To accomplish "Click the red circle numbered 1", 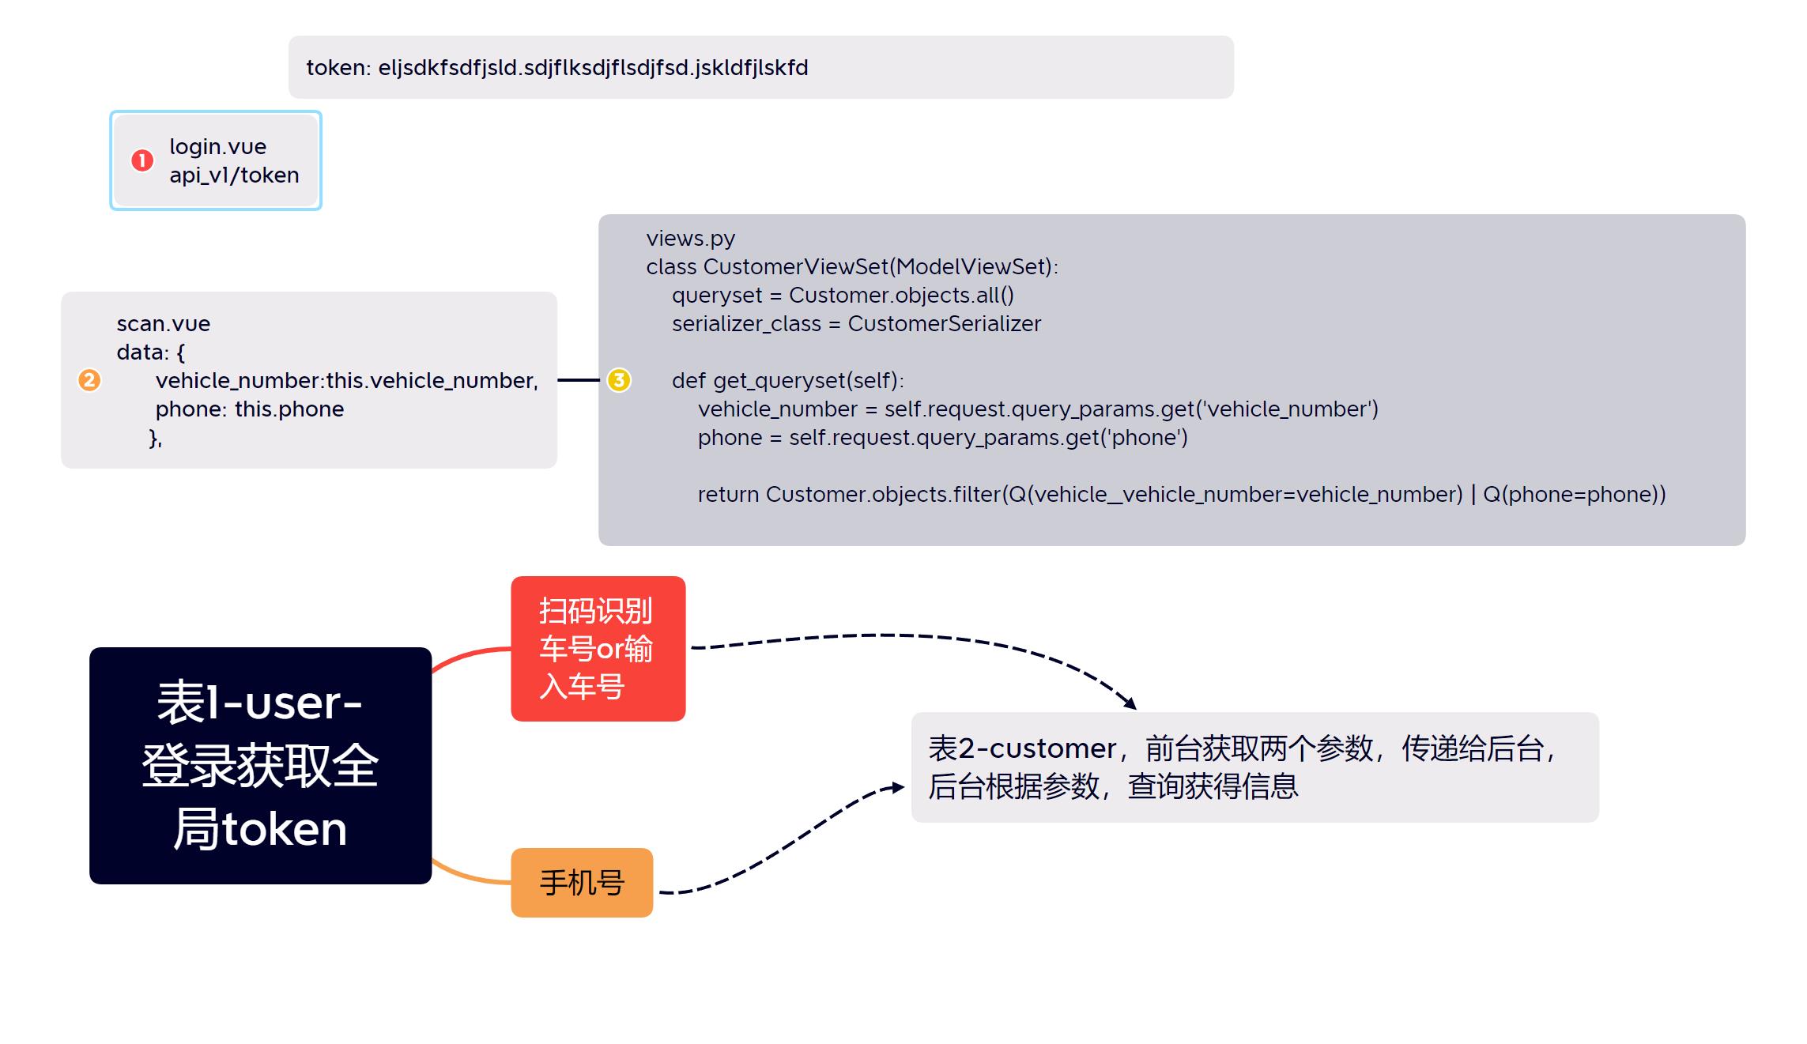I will click(142, 160).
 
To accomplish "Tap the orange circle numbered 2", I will click(89, 380).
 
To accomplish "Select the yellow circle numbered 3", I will click(619, 380).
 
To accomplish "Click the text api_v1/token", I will click(234, 175).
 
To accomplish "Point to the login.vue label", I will click(217, 146).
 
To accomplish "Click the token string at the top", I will click(556, 68).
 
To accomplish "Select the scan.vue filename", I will click(163, 323).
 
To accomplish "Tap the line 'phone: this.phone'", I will click(249, 409).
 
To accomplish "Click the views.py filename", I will click(690, 238).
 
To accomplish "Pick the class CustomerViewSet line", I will click(851, 266).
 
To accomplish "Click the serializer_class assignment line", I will click(856, 323).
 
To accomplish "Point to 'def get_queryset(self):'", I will click(787, 380).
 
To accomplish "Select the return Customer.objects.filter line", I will click(1181, 494).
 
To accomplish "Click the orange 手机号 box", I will click(582, 882).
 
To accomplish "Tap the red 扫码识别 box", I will click(598, 648).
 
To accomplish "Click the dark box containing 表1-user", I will click(260, 765).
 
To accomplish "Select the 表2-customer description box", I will click(1254, 767).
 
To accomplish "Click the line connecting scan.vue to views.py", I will click(578, 380).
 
